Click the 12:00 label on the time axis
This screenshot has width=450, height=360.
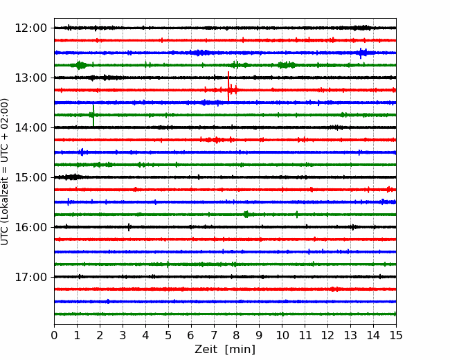tap(30, 28)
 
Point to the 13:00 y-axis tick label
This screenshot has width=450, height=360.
tap(30, 78)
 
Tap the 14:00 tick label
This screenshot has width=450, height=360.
tap(30, 127)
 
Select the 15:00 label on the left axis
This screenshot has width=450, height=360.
tap(30, 177)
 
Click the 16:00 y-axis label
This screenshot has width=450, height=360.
tap(30, 227)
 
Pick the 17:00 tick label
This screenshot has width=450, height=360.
tap(30, 277)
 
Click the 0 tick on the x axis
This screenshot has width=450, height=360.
tap(54, 335)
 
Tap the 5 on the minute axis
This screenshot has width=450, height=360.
tap(168, 335)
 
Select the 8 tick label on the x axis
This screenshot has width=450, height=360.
tap(237, 335)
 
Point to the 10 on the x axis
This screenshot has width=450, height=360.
tap(282, 335)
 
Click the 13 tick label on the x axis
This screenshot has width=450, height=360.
tap(350, 335)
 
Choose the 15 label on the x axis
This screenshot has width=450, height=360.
tap(396, 335)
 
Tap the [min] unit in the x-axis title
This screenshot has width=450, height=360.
tap(240, 350)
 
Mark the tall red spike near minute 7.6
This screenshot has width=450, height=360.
tap(228, 86)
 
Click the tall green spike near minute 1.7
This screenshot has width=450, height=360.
tap(93, 116)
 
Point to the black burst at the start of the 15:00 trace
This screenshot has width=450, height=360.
tap(71, 177)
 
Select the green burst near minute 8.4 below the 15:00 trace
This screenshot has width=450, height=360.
tap(246, 214)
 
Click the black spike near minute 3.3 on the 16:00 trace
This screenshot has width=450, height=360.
tap(129, 227)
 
